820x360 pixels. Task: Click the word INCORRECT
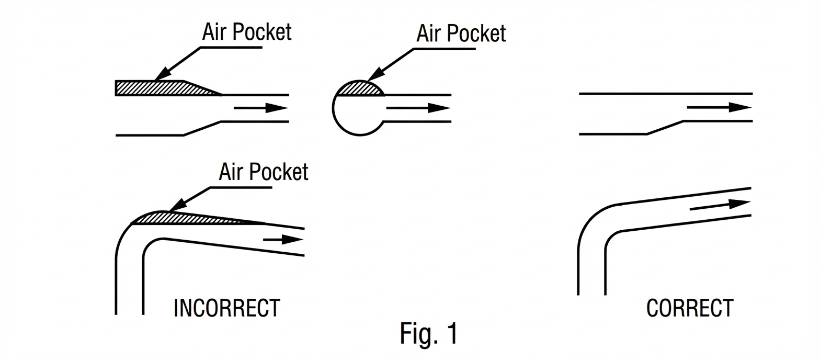point(226,308)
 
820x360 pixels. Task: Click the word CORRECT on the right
point(689,308)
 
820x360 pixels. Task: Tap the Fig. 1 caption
point(428,333)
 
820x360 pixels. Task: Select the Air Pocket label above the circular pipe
point(461,33)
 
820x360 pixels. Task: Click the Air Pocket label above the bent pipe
point(263,172)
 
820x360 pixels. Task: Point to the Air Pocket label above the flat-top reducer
point(246,32)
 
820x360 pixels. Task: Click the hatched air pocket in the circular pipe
point(360,89)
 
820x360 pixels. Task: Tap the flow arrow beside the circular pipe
point(418,108)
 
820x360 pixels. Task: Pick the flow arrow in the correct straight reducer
point(719,107)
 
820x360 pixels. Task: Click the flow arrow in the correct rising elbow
point(720,206)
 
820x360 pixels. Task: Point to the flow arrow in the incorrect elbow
point(283,240)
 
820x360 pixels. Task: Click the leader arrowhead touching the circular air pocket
point(373,76)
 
